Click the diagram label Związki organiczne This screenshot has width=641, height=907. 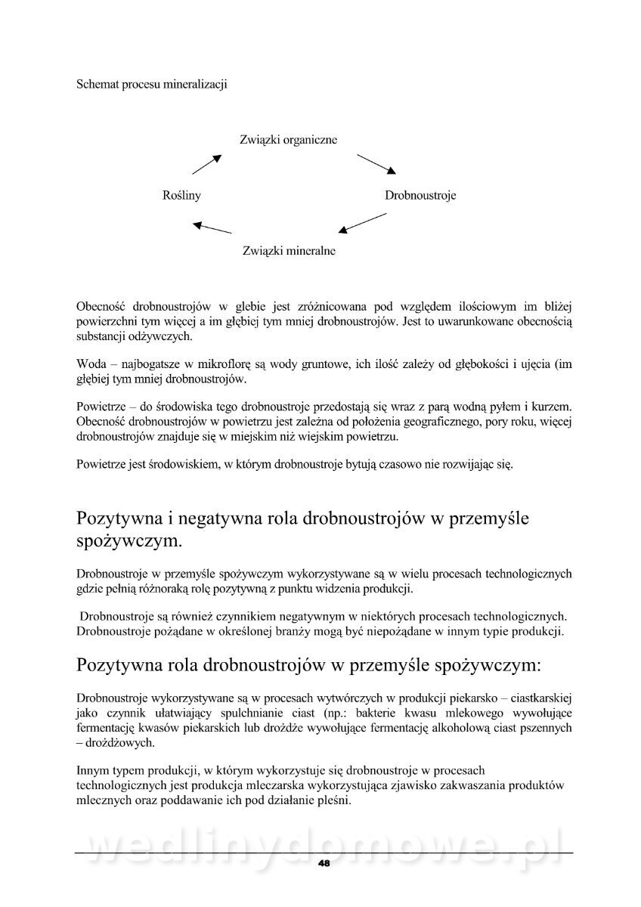[288, 140]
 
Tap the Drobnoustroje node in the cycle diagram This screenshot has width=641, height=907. [420, 195]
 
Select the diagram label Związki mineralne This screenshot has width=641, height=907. [290, 250]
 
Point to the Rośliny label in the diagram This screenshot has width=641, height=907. [181, 195]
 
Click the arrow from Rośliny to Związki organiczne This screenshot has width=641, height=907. [206, 165]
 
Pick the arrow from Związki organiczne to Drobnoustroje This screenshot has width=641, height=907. [376, 164]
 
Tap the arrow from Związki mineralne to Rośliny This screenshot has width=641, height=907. [212, 226]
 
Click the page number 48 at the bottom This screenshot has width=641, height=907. [324, 863]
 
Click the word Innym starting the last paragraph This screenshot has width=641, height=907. [93, 771]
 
